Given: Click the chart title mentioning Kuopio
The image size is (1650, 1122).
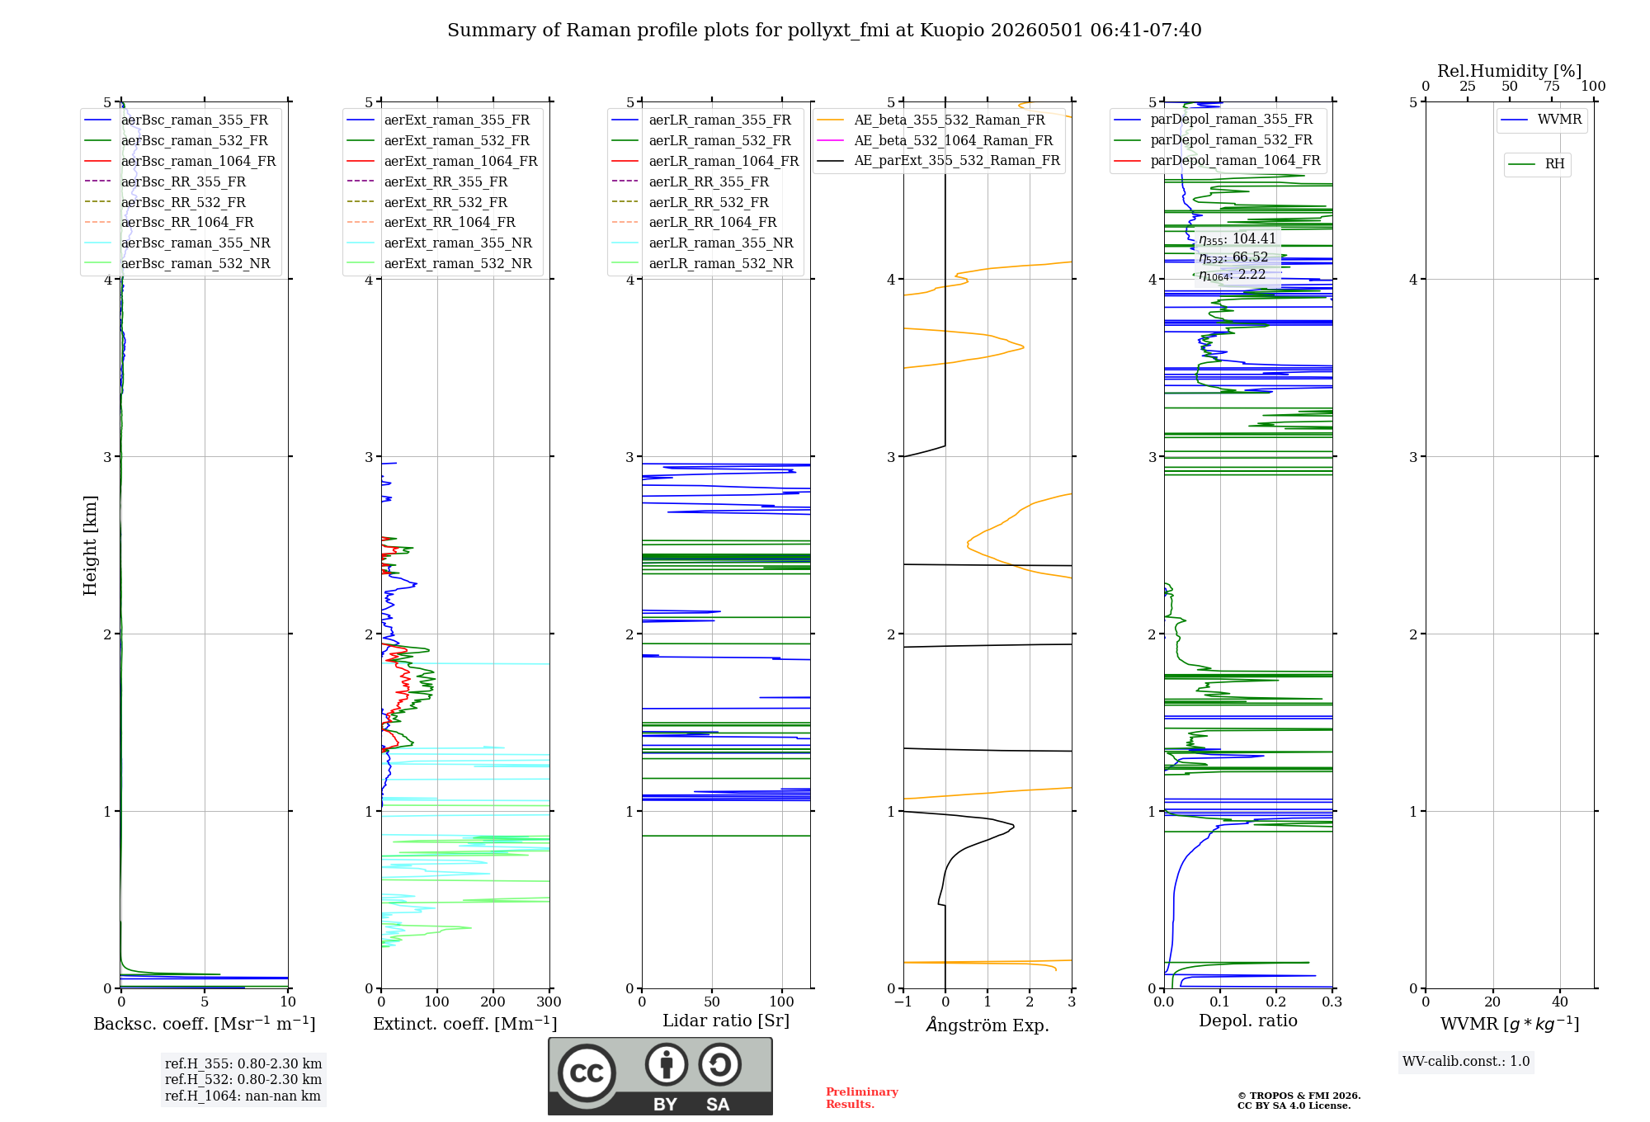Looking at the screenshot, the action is click(824, 31).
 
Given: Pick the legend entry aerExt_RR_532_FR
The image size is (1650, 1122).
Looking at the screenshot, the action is click(445, 202).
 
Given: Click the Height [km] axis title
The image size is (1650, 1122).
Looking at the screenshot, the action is click(90, 545).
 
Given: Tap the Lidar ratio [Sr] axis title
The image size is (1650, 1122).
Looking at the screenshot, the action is click(726, 1021).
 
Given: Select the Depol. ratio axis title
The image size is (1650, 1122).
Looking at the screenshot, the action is click(1248, 1021).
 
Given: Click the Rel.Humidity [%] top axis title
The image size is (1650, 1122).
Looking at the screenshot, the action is click(1510, 71).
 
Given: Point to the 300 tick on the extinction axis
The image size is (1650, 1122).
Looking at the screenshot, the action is click(549, 1002).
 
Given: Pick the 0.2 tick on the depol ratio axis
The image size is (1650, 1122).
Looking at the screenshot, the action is click(1276, 1002).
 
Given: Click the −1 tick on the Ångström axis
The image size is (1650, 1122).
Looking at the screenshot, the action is click(903, 1002).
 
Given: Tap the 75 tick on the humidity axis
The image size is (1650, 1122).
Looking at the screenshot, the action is click(1552, 86).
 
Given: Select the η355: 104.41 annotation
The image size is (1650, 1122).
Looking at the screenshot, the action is click(1237, 239).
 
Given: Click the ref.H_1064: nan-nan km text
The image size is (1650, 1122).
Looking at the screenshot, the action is click(243, 1096).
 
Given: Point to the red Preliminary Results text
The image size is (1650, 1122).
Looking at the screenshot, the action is click(862, 1098).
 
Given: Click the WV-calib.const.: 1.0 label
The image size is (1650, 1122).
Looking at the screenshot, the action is click(1466, 1062).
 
